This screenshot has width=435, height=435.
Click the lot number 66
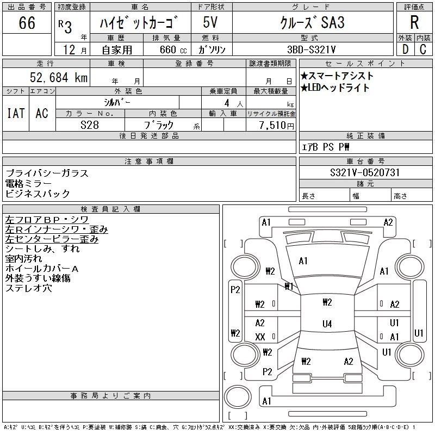27,23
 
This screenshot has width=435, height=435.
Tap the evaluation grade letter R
414,22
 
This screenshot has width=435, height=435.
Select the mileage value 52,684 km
58,78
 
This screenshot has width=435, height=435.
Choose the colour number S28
90,125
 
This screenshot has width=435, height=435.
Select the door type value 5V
212,23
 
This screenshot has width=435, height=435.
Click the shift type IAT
15,113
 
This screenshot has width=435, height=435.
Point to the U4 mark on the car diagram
327,324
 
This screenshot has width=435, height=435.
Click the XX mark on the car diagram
260,337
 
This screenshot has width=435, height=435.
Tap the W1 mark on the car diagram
289,286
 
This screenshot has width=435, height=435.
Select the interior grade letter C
422,49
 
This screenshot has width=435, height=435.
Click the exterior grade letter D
405,49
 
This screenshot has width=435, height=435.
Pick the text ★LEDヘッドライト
335,88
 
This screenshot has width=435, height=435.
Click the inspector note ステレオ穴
28,288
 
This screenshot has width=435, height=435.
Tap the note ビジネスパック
38,194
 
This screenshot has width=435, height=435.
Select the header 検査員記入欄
110,209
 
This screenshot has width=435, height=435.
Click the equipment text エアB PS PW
326,147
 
